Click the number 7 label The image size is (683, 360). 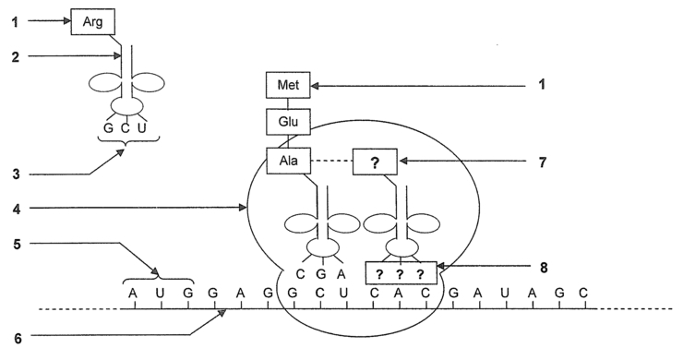(543, 162)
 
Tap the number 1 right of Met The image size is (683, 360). (543, 86)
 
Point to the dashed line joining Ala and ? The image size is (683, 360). (332, 162)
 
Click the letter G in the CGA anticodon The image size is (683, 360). (320, 273)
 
